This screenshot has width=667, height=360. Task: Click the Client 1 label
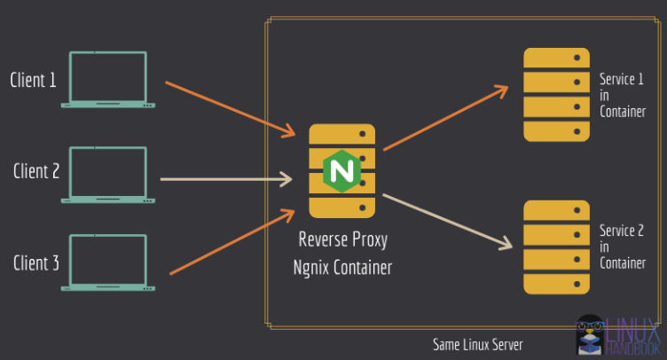34,80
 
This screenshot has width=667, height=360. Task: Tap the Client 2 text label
36,171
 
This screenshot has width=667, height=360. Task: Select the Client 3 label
36,262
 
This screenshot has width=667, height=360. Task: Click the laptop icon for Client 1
104,80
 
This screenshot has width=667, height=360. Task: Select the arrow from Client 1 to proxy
229,109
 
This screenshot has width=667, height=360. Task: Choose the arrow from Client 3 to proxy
231,242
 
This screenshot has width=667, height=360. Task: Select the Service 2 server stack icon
556,247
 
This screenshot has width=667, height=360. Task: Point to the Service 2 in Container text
622,247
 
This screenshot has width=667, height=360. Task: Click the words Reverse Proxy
342,240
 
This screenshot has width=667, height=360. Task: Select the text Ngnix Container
342,266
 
